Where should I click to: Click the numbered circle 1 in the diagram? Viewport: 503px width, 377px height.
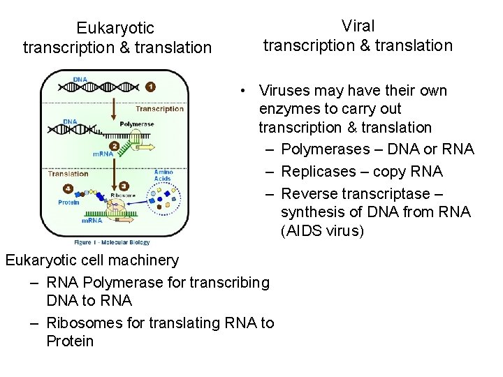[150, 87]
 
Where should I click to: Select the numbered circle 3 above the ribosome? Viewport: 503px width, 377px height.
[124, 186]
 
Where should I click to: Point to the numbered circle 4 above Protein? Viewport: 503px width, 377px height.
[68, 188]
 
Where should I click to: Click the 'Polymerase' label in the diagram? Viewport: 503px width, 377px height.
[136, 124]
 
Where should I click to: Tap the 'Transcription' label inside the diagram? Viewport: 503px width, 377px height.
[159, 109]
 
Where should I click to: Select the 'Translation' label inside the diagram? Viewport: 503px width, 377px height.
[68, 174]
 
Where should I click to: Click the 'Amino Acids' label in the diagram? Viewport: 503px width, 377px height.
[163, 175]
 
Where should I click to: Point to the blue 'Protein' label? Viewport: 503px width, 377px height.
[68, 202]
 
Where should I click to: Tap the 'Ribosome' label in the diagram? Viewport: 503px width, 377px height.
[123, 195]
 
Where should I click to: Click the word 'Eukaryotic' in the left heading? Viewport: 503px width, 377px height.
[115, 29]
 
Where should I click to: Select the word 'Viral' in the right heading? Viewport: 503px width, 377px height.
[358, 27]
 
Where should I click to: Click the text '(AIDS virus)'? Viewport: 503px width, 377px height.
[322, 230]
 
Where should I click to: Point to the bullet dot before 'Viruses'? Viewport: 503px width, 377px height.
[240, 91]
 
